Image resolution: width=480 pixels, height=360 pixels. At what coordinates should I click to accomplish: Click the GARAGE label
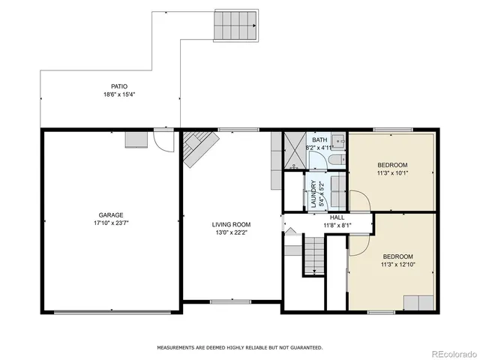tap(109, 214)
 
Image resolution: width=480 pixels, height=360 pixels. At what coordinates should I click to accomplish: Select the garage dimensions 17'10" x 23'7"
tap(109, 223)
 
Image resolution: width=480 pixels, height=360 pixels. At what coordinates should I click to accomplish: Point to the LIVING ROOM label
tap(231, 224)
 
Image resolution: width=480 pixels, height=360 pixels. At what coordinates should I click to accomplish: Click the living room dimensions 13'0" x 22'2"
tap(231, 232)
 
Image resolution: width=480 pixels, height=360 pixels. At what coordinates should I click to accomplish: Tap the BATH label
tap(320, 139)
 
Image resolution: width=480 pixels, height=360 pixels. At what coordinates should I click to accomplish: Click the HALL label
tap(337, 217)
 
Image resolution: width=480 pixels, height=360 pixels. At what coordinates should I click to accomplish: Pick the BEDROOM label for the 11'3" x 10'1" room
tap(392, 165)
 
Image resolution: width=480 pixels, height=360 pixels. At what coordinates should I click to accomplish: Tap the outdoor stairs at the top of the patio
tap(237, 26)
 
